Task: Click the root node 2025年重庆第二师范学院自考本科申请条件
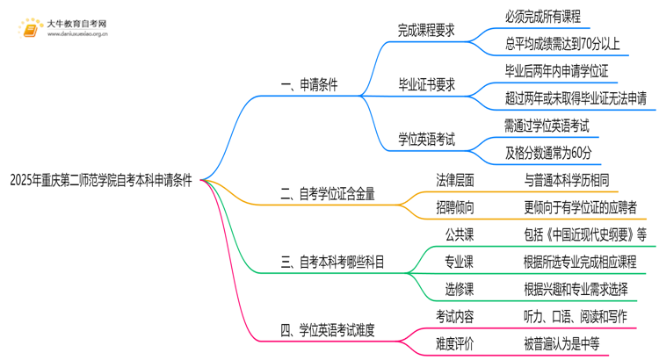(100, 180)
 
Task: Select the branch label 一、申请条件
(308, 86)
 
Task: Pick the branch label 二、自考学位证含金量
(326, 194)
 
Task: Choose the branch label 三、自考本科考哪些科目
(331, 261)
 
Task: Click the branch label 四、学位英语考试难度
(326, 330)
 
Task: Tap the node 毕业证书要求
(425, 85)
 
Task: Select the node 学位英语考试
(425, 140)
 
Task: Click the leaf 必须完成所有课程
(542, 17)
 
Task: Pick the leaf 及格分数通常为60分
(547, 153)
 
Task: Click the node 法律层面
(455, 180)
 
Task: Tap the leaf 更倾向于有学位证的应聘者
(579, 206)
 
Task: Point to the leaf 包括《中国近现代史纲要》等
(584, 234)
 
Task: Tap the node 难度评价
(455, 342)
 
